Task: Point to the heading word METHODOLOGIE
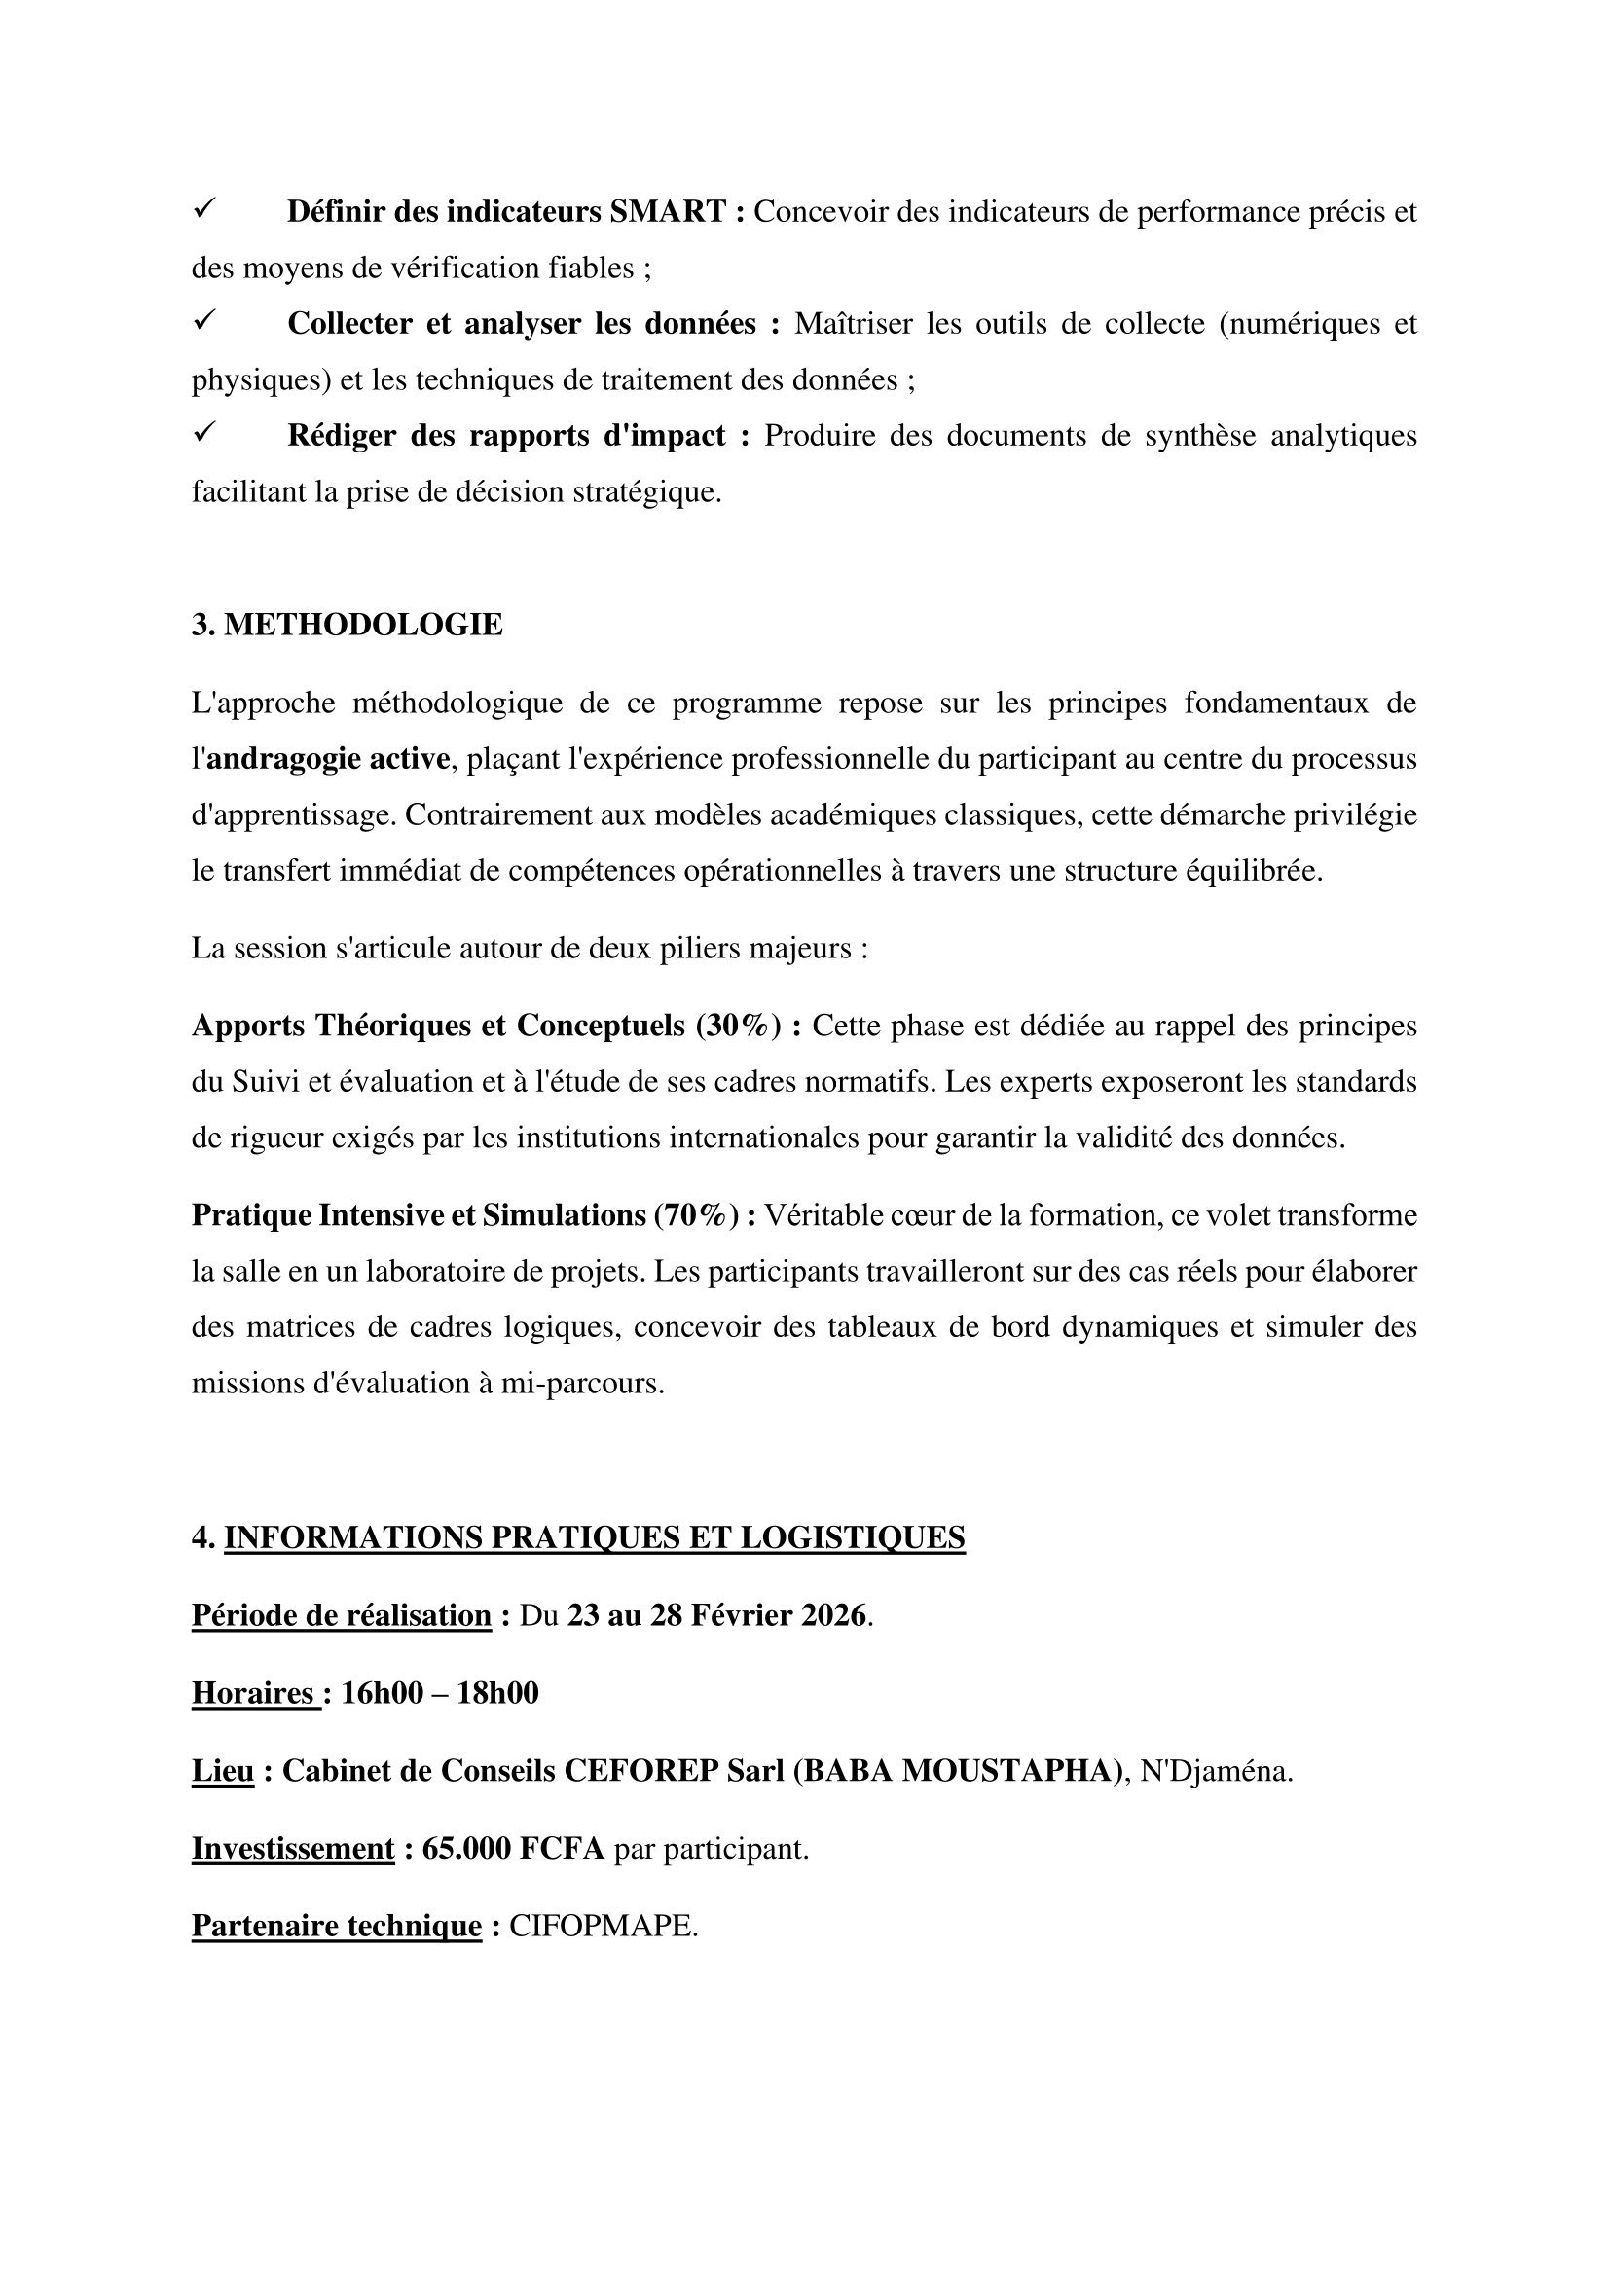click(x=363, y=626)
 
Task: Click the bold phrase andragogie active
click(x=328, y=759)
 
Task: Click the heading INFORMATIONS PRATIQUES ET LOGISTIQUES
click(x=594, y=1537)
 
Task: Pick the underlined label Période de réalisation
click(x=341, y=1616)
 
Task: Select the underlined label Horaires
click(x=253, y=1693)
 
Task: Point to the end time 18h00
click(x=497, y=1693)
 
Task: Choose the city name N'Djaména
click(x=1216, y=1771)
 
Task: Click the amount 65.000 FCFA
click(x=513, y=1849)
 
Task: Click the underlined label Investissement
click(x=292, y=1849)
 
